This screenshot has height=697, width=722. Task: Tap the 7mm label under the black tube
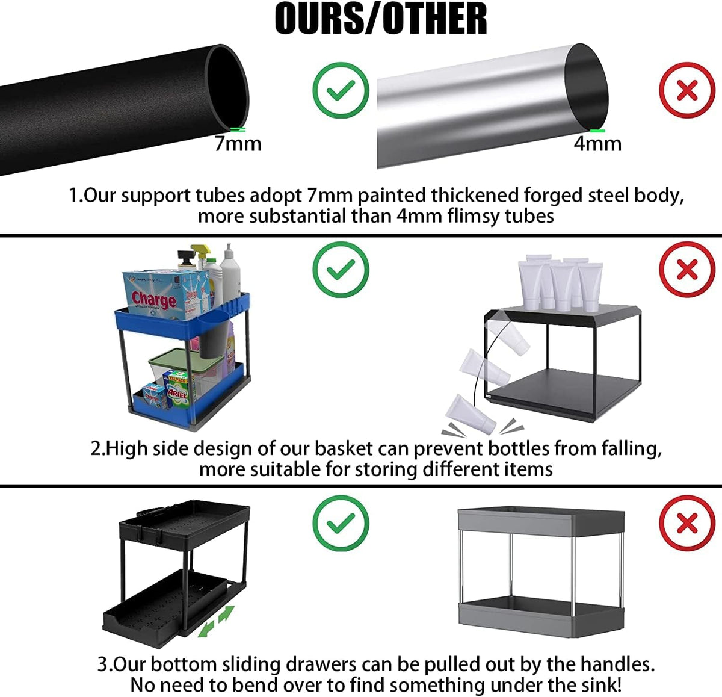click(x=238, y=144)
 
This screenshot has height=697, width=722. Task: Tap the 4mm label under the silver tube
click(x=597, y=144)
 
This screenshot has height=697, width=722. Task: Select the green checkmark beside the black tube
click(x=341, y=90)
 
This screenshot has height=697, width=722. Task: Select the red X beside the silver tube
click(x=687, y=90)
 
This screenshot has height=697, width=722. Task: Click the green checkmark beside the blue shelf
click(x=341, y=269)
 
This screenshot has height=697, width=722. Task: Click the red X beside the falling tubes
click(x=687, y=269)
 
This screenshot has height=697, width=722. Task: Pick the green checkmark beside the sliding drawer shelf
click(x=341, y=522)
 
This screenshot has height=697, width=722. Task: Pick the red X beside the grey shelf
click(x=687, y=522)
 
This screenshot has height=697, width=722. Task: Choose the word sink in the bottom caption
click(x=594, y=684)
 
